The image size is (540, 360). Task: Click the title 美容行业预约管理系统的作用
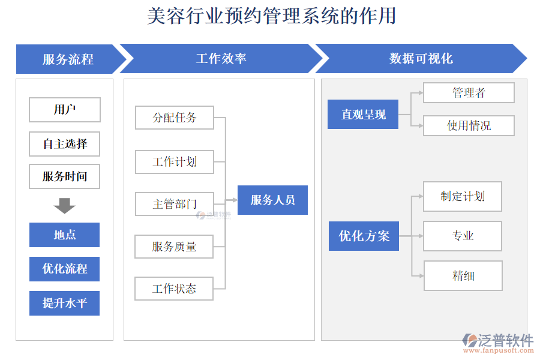271,16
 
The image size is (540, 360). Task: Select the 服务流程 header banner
68,59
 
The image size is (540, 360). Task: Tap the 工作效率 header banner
221,59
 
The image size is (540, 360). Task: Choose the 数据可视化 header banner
421,59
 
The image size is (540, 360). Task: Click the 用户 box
65,110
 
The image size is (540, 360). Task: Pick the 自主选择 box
65,144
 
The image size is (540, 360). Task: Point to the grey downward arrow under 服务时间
64,206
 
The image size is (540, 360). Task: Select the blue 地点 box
65,235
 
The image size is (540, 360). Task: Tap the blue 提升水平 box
65,303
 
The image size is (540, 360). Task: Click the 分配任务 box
174,118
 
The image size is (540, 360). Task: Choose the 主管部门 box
174,204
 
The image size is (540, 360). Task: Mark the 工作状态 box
174,289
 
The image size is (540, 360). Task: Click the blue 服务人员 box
272,200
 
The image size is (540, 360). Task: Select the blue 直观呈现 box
363,114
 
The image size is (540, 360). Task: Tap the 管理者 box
469,93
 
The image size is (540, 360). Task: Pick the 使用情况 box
469,125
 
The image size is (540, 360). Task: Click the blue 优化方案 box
364,236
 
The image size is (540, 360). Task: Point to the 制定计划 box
462,196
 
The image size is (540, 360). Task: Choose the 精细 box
463,275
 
